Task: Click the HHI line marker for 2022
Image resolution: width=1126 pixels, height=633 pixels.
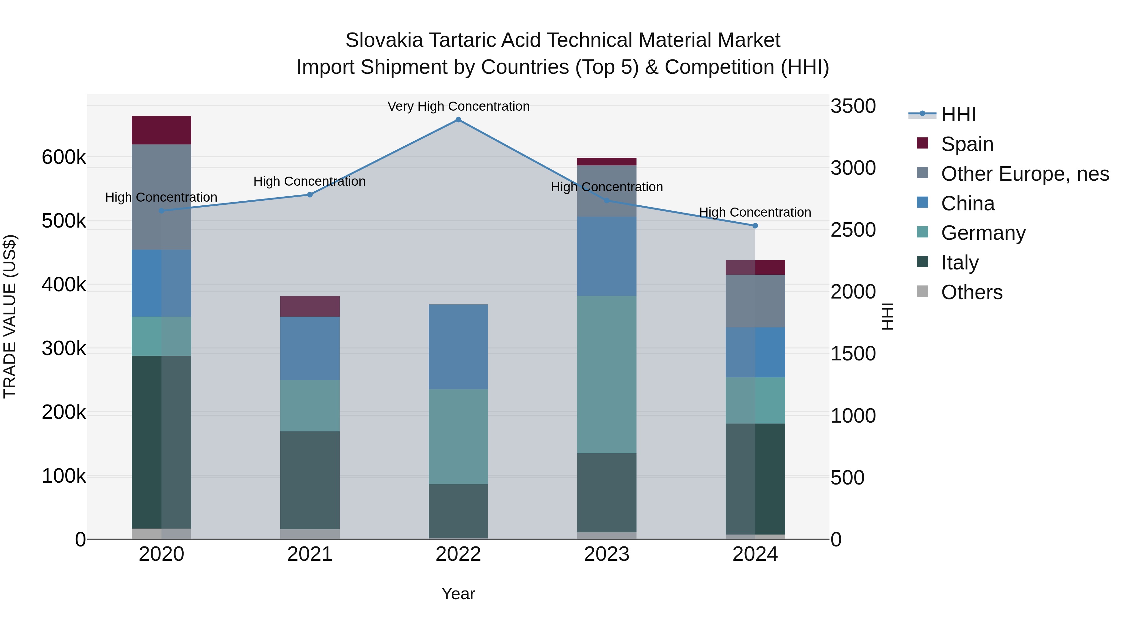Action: pos(458,120)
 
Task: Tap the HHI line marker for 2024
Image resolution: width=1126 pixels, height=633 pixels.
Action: pos(755,226)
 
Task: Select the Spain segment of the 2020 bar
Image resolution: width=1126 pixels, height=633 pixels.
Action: pos(161,130)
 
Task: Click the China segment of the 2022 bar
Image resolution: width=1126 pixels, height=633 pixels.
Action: pos(458,346)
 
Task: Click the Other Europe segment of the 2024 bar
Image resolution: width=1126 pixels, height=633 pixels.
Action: pos(755,301)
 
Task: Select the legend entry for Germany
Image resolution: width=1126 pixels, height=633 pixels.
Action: pos(983,233)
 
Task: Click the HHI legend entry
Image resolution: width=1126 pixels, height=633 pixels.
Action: pos(958,114)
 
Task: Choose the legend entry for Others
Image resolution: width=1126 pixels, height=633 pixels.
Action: pos(971,292)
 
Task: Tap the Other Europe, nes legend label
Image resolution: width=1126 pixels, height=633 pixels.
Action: pos(1025,174)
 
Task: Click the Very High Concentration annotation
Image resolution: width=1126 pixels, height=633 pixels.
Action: pos(458,106)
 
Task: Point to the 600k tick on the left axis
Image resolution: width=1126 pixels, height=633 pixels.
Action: pos(64,157)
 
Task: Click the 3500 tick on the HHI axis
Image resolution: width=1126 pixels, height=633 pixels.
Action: pos(853,106)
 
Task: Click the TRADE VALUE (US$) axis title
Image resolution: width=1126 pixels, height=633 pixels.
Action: pos(10,316)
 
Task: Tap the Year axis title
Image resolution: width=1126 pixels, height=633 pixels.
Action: pos(458,594)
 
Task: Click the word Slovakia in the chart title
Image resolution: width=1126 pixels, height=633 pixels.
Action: pos(384,40)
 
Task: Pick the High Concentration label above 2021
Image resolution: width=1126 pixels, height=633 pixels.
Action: pos(309,181)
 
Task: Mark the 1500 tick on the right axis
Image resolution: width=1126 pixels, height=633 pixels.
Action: pos(853,354)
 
